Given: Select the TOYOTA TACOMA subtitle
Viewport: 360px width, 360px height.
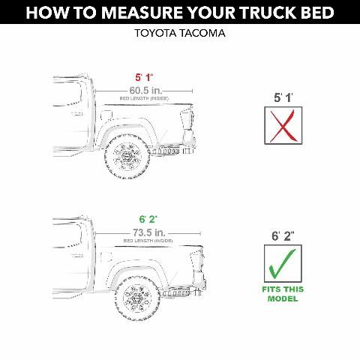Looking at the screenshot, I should point(179,34).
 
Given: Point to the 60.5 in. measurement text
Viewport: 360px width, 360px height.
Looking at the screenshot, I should point(145,90).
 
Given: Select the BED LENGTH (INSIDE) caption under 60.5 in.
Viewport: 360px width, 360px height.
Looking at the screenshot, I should point(145,98).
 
